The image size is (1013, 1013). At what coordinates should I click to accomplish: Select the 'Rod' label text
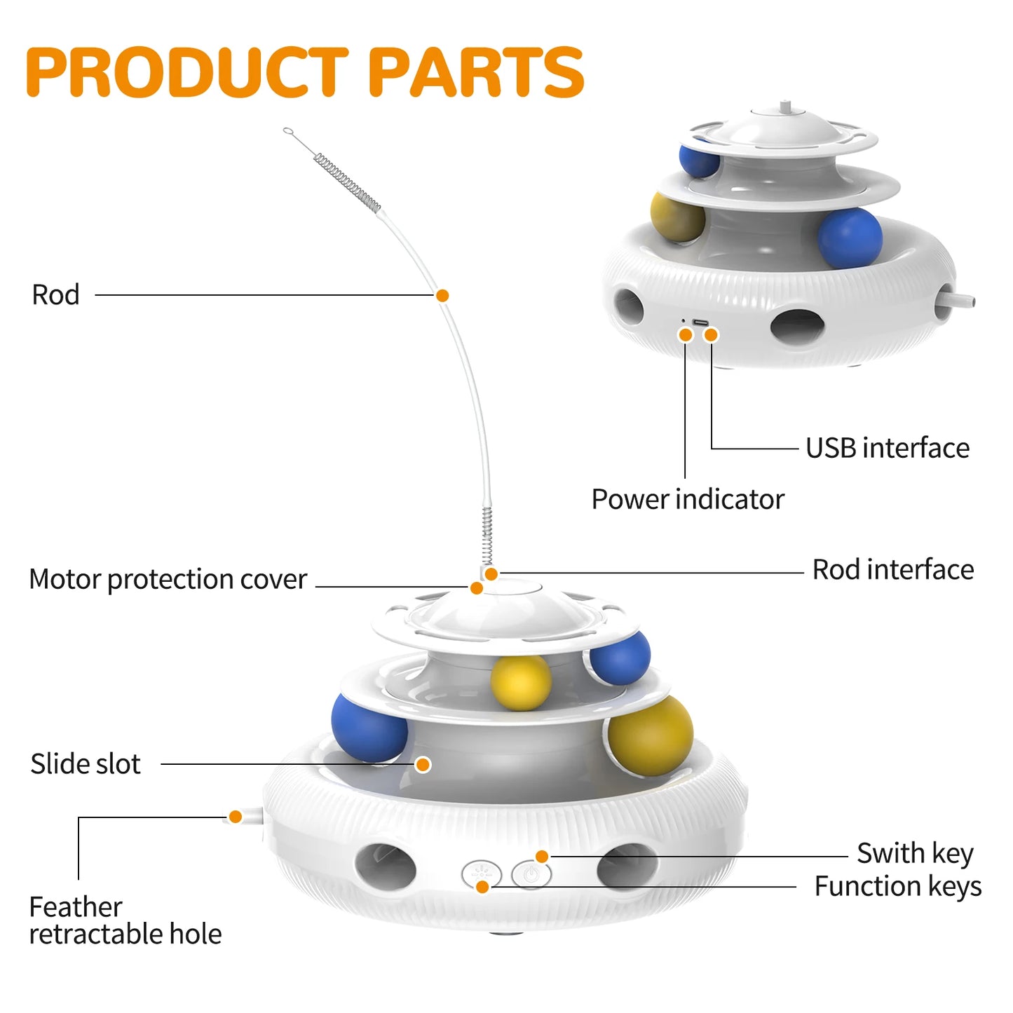coord(55,295)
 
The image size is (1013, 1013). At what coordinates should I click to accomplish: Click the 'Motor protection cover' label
coord(168,580)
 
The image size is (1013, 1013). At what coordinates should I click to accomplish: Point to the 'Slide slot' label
coord(85,763)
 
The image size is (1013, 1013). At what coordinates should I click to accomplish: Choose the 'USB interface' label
coord(887,448)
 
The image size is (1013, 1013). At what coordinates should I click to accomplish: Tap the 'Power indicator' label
coord(687,499)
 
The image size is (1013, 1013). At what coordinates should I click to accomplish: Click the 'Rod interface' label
coord(892,570)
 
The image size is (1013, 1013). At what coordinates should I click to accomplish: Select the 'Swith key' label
coord(914,854)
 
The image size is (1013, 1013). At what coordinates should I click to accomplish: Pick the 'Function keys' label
coord(897,887)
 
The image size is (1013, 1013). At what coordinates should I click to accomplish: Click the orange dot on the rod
coord(442,296)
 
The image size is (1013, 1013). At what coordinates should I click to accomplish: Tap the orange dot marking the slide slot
coord(423,764)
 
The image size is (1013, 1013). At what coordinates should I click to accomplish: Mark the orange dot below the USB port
coord(711,335)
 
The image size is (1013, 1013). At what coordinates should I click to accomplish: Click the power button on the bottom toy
coord(531,874)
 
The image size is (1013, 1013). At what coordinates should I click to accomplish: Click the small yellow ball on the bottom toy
coord(520,682)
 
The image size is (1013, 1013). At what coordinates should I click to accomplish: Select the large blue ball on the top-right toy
coord(850,238)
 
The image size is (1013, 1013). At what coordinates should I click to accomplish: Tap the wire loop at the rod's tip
coord(287,130)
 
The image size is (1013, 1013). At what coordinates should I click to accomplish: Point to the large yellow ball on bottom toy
coord(650,735)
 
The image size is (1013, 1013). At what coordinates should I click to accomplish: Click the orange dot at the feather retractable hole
coord(236,817)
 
